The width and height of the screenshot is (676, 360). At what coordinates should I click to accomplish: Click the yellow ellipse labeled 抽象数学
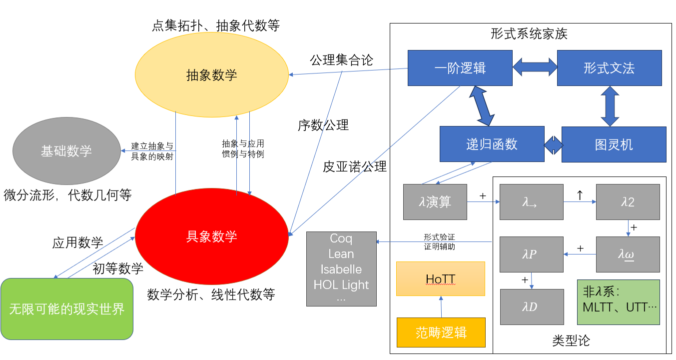[x=212, y=75]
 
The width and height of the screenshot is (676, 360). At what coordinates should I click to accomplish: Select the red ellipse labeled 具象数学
[x=212, y=236]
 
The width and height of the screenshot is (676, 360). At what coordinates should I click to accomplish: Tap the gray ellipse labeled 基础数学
[x=66, y=150]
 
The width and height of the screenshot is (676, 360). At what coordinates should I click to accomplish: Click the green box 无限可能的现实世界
[x=67, y=309]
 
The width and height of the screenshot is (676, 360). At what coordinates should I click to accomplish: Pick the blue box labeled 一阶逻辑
[x=460, y=68]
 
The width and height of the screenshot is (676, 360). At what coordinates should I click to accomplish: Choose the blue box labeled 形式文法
[x=609, y=68]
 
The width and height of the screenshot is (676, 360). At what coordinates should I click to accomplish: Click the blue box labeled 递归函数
[x=492, y=144]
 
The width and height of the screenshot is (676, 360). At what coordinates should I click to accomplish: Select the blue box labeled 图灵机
[x=614, y=144]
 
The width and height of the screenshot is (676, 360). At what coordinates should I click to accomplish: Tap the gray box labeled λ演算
[x=435, y=202]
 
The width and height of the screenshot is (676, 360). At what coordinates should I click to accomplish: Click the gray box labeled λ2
[x=628, y=202]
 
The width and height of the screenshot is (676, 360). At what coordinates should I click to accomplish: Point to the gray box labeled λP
[x=532, y=254]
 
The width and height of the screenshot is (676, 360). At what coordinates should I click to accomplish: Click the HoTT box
[x=441, y=278]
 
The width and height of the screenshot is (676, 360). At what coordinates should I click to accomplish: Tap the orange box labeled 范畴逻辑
[x=441, y=332]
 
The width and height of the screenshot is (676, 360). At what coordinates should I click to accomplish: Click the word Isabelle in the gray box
[x=341, y=269]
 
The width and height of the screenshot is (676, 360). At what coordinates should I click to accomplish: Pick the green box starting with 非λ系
[x=618, y=302]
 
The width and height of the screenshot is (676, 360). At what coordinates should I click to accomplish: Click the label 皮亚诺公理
[x=355, y=166]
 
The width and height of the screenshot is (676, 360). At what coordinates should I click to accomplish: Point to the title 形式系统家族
[x=529, y=34]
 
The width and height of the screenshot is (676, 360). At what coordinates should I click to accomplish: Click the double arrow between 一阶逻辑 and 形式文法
[x=535, y=67]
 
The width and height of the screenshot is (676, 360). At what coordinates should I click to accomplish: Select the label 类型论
[x=571, y=340]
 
